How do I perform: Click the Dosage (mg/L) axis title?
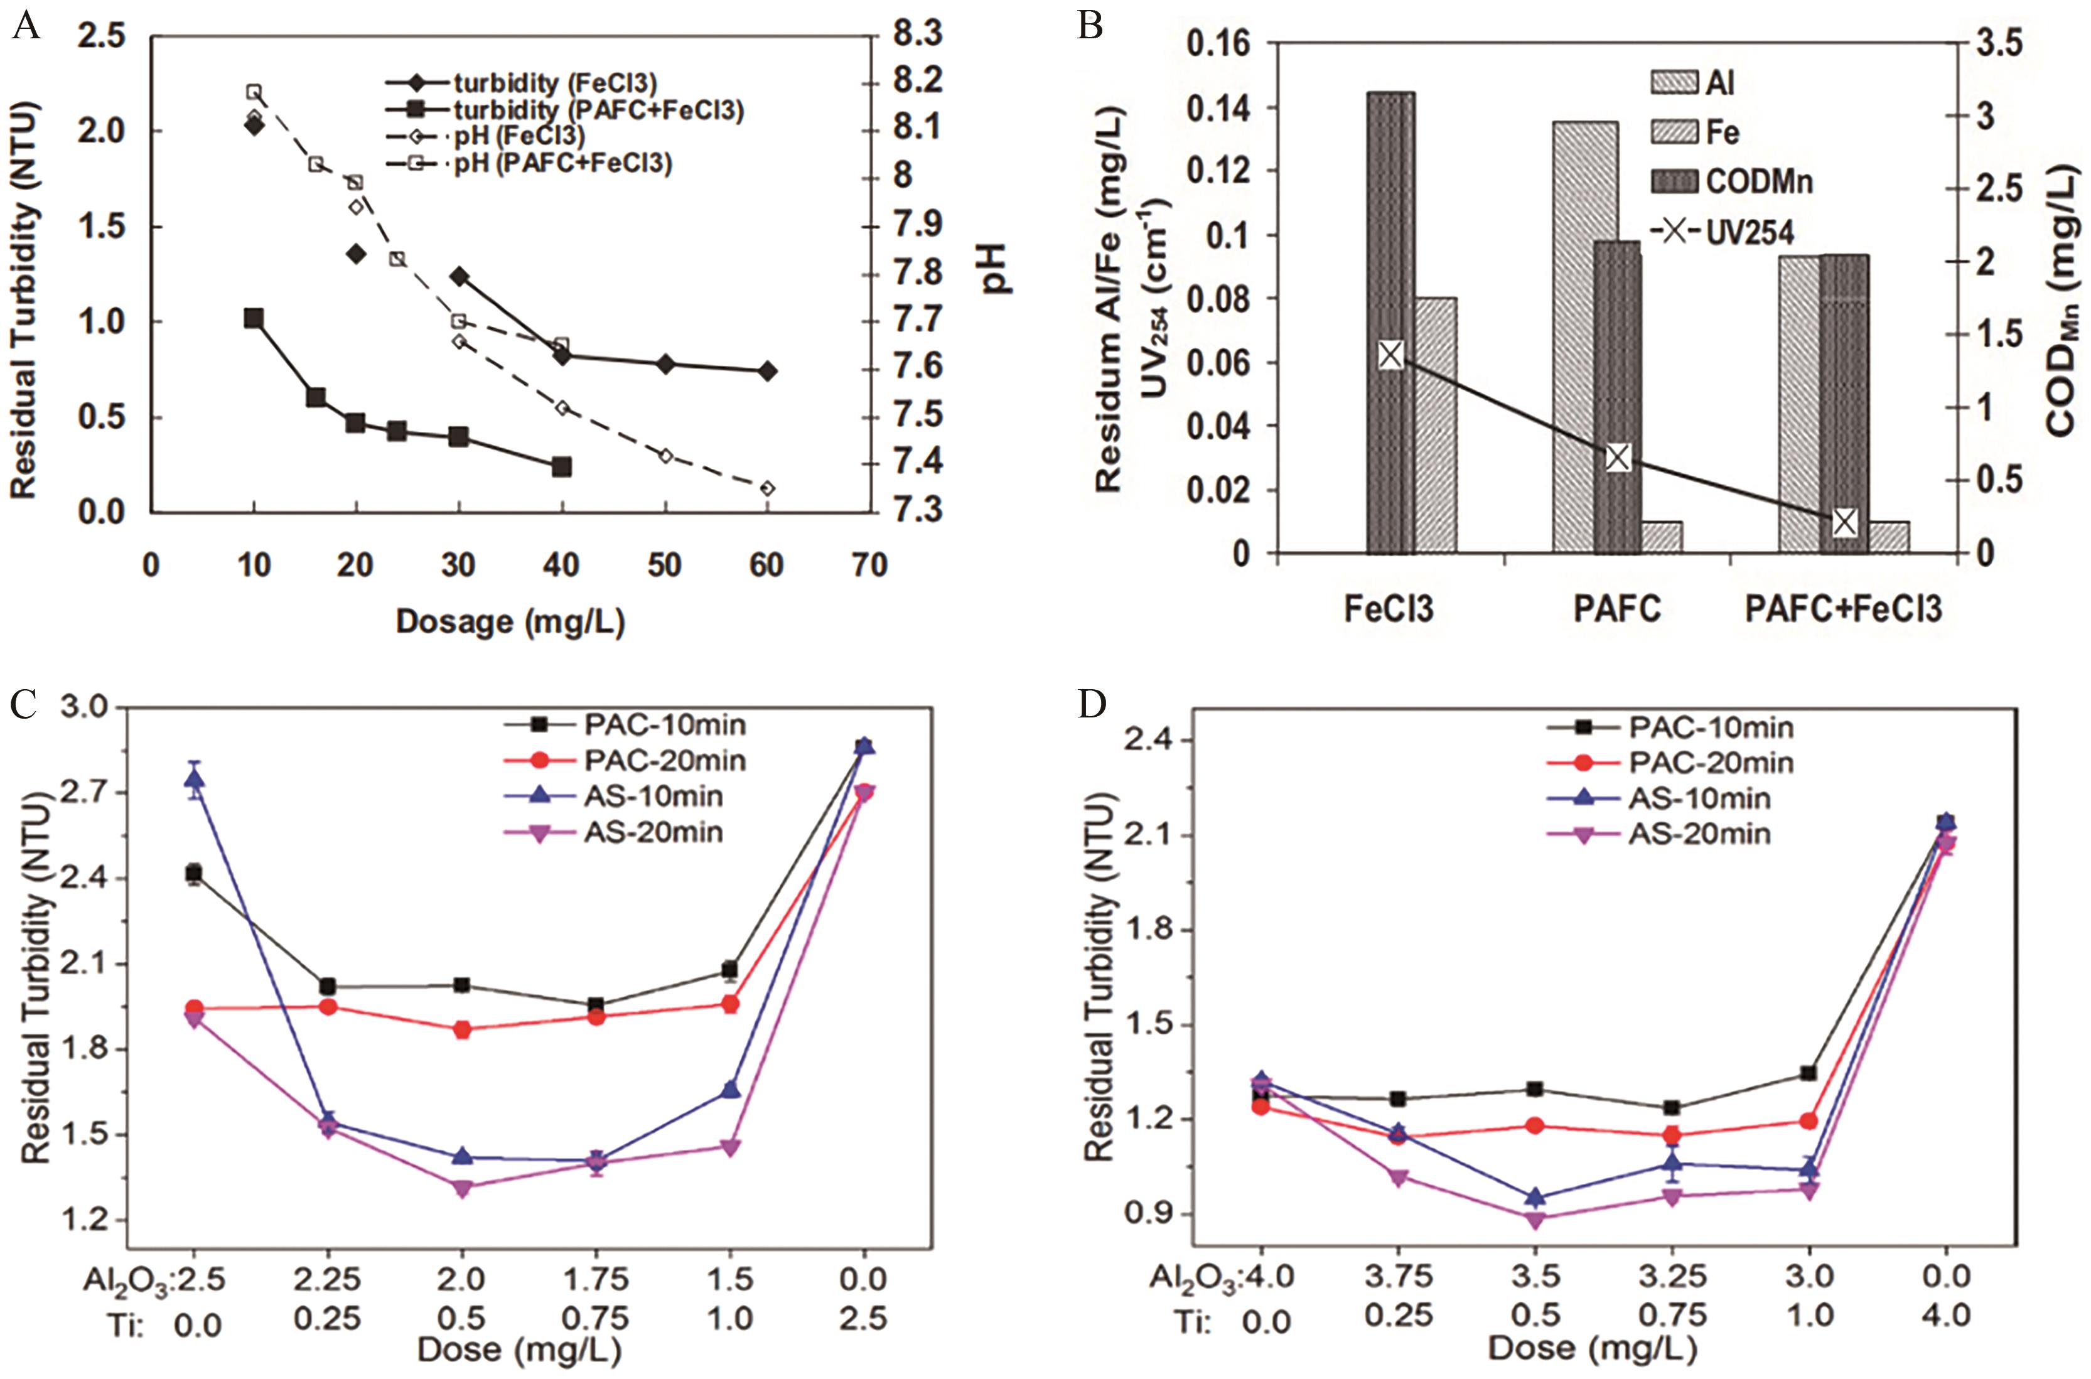tap(510, 621)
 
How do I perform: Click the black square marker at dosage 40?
tap(562, 467)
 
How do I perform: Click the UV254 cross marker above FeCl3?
tap(1390, 355)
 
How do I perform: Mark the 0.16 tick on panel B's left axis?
tap(1218, 44)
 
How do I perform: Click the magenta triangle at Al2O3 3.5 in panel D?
tap(1535, 1220)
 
